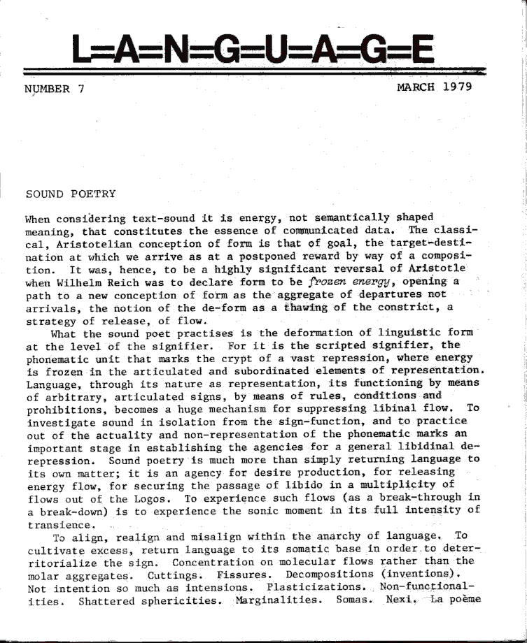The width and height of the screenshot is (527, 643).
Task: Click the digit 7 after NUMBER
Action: pos(81,89)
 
